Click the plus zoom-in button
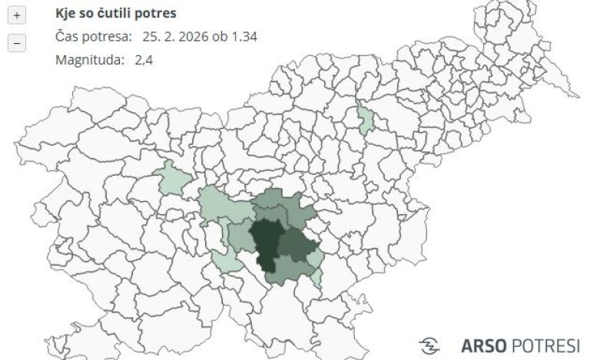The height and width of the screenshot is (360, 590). (17, 15)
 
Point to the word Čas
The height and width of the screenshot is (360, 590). (66, 37)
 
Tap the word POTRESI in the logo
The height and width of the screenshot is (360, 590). (545, 345)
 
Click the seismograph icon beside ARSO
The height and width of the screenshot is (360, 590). (430, 345)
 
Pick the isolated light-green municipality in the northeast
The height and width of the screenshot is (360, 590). (366, 118)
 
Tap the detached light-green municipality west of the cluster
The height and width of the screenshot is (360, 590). (171, 178)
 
